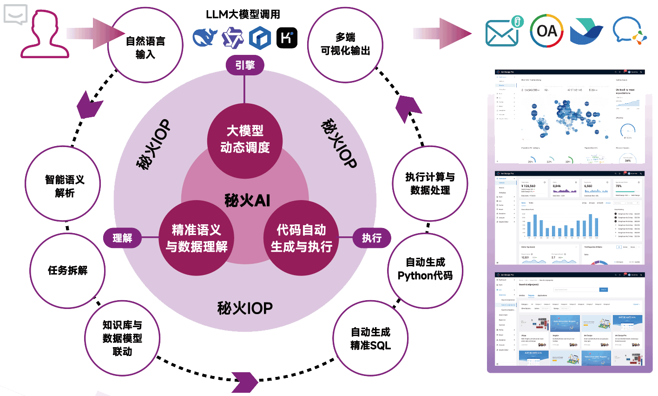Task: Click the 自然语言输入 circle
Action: pos(145,47)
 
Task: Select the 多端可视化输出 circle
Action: pos(345,45)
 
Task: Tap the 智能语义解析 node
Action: pos(65,186)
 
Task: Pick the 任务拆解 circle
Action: pos(67,270)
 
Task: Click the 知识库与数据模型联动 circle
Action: pos(122,338)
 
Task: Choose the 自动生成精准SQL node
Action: pos(370,338)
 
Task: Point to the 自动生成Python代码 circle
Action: pos(425,269)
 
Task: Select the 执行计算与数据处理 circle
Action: pos(430,183)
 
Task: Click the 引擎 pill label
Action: pos(244,65)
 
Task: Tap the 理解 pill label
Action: pos(122,238)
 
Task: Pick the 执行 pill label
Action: pos(371,238)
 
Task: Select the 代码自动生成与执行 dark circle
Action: pos(302,238)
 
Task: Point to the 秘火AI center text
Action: pos(247,201)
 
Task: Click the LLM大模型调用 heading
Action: pos(243,14)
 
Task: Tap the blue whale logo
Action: pos(205,37)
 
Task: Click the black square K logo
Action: pos(287,38)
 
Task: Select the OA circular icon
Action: pos(546,31)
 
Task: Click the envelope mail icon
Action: pos(503,32)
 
